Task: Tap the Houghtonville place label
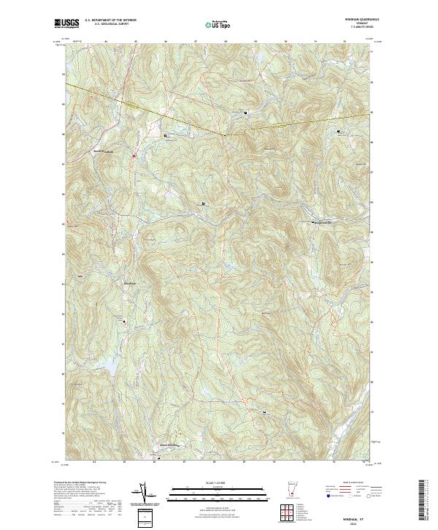click(x=326, y=223)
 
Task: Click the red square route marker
click(x=134, y=155)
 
